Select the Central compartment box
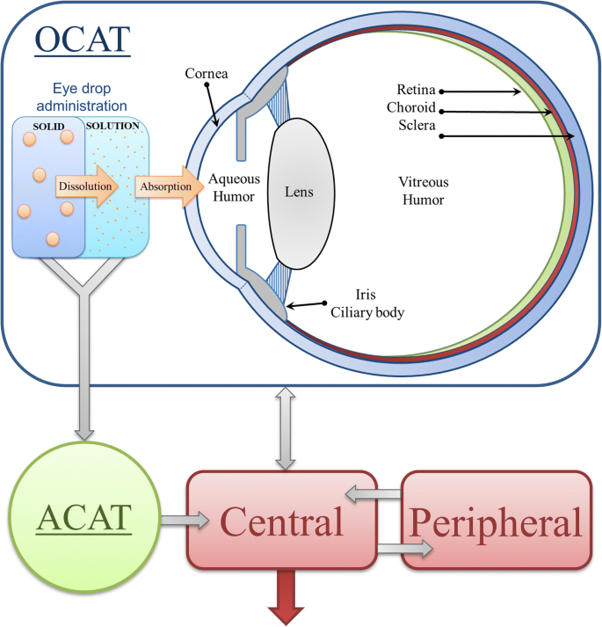[281, 521]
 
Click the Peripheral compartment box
[496, 522]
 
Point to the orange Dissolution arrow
[86, 187]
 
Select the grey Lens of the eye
[300, 191]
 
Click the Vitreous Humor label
[424, 191]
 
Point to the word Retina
[417, 91]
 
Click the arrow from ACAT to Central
[185, 521]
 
